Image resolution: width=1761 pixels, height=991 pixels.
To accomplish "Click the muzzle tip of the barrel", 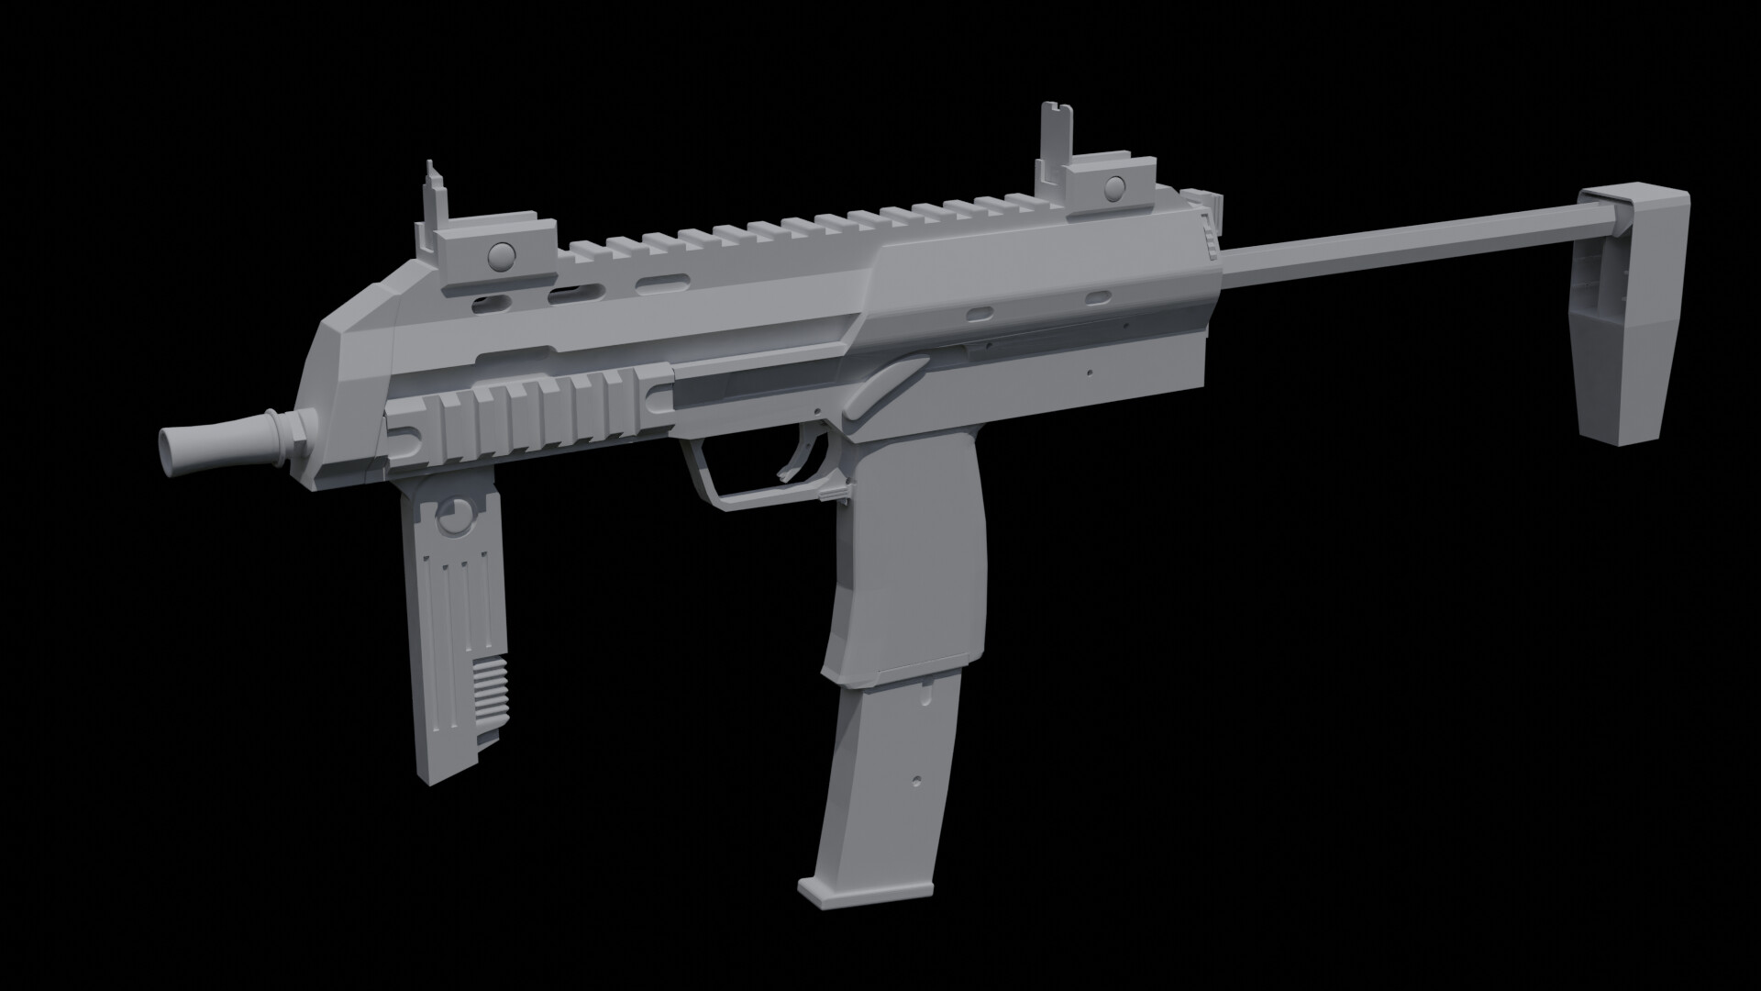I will [171, 454].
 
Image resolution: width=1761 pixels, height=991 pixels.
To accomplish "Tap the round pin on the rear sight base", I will [1114, 188].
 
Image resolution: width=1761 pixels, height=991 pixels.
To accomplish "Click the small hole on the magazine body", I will [917, 781].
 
